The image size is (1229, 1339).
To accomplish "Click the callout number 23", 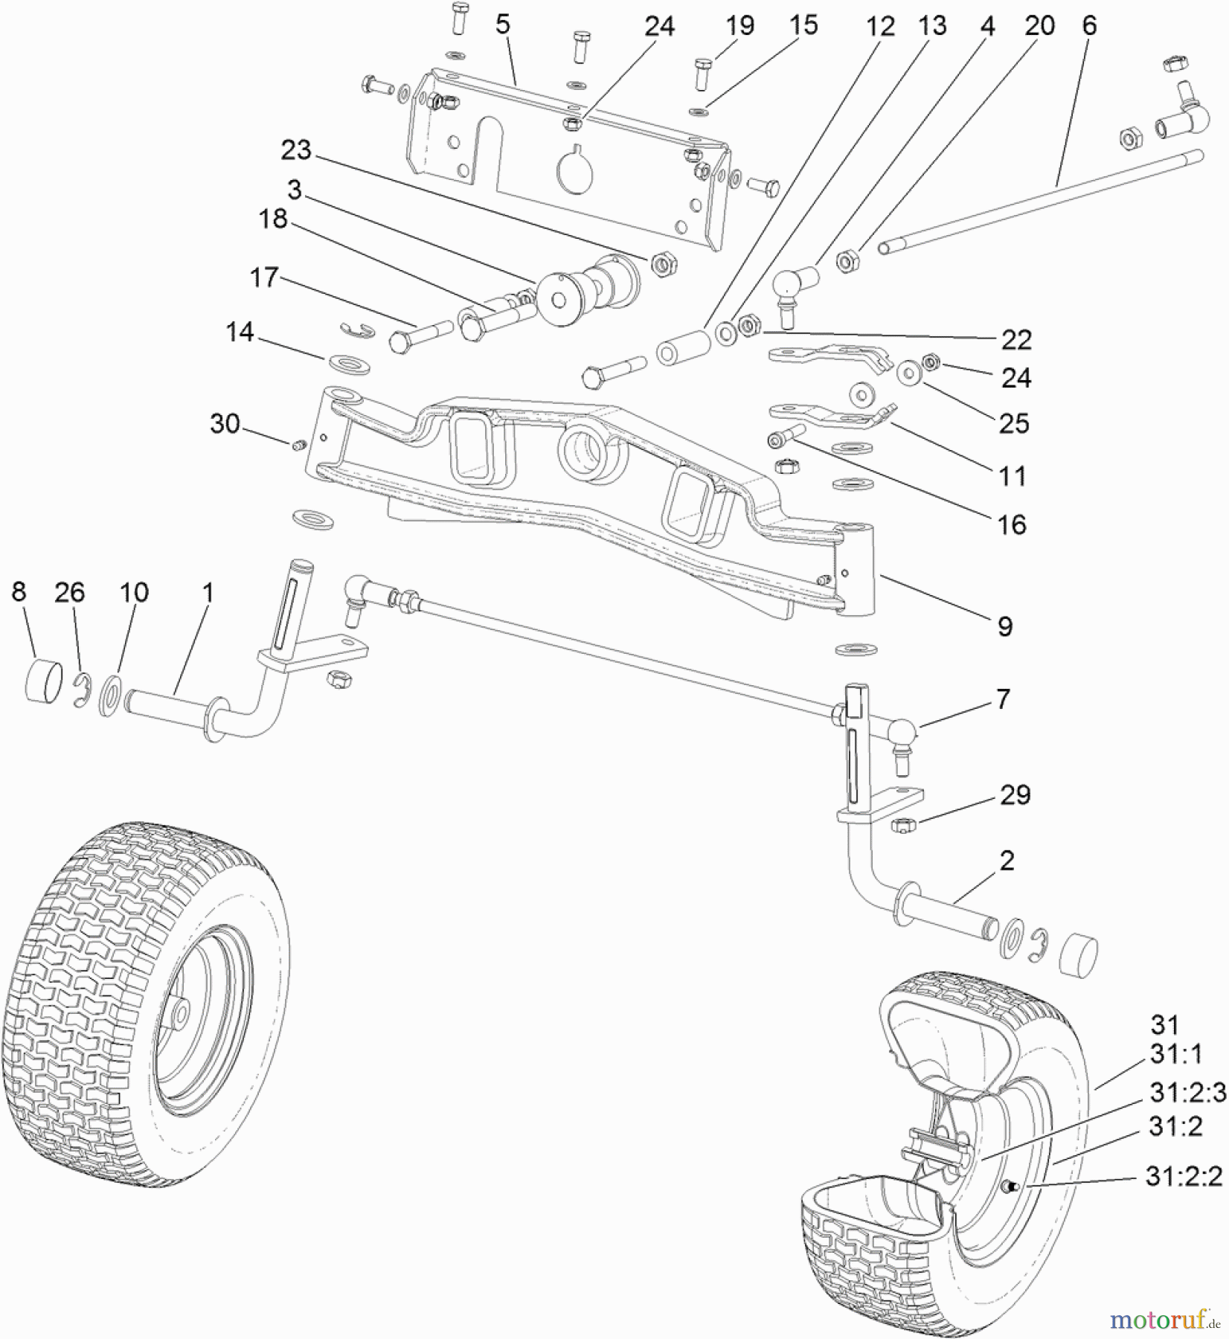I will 295,150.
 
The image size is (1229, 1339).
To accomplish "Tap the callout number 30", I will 225,424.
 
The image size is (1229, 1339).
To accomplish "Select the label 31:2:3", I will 1187,1093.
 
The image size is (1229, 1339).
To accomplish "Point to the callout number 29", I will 1015,795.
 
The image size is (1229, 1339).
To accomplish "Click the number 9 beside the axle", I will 1005,626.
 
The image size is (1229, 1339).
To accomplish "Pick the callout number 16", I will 1011,525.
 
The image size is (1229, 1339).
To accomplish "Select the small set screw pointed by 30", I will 298,446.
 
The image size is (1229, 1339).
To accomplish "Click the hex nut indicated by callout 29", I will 902,824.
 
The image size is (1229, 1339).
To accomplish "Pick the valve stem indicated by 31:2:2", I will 1015,1186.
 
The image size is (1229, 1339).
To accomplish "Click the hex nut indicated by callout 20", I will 847,261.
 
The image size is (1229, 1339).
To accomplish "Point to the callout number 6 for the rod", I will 1088,26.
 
